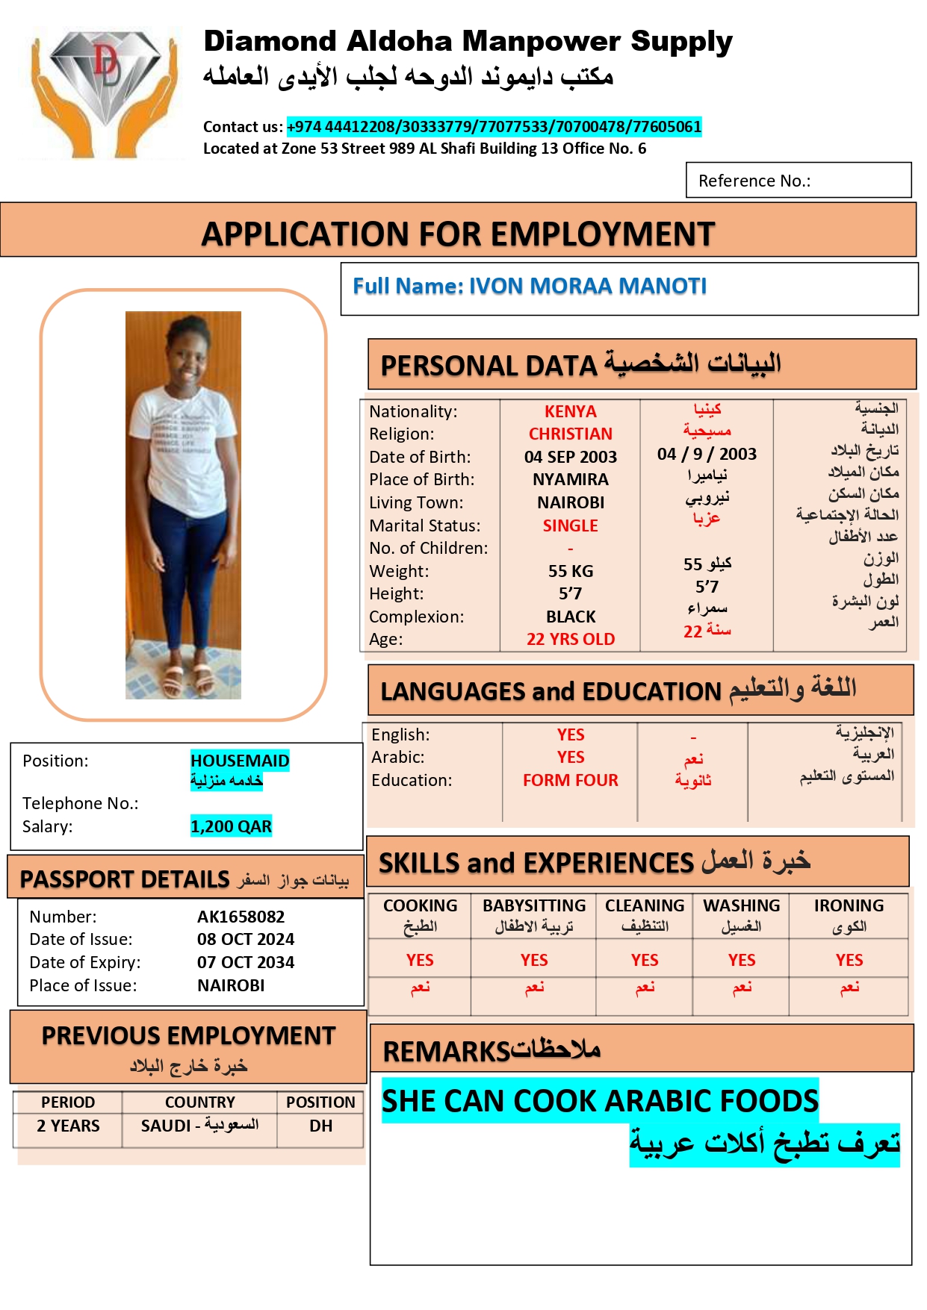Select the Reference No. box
pyautogui.click(x=798, y=181)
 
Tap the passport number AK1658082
pyautogui.click(x=241, y=917)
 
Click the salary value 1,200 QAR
pyautogui.click(x=231, y=826)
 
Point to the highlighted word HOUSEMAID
pyautogui.click(x=240, y=761)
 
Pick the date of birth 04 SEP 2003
pyautogui.click(x=570, y=457)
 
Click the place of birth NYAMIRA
pyautogui.click(x=570, y=479)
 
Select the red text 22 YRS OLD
pyautogui.click(x=570, y=639)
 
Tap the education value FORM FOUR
pyautogui.click(x=570, y=780)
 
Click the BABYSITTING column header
pyautogui.click(x=534, y=905)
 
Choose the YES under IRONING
pyautogui.click(x=849, y=960)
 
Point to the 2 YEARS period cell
pyautogui.click(x=68, y=1126)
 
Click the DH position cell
pyautogui.click(x=320, y=1126)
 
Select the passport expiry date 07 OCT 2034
pyautogui.click(x=246, y=962)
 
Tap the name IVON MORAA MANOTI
pyautogui.click(x=587, y=286)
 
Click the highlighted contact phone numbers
pyautogui.click(x=494, y=127)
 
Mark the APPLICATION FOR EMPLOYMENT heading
pyautogui.click(x=458, y=234)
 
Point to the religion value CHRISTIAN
pyautogui.click(x=570, y=434)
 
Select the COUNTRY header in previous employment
pyautogui.click(x=199, y=1102)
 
